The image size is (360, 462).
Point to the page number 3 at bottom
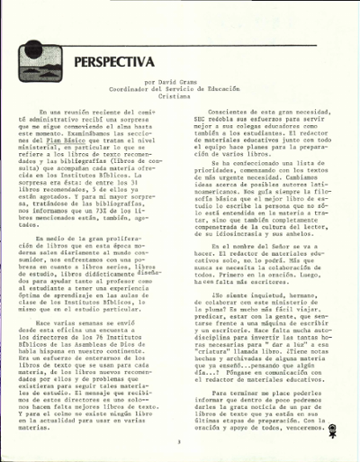180,440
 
